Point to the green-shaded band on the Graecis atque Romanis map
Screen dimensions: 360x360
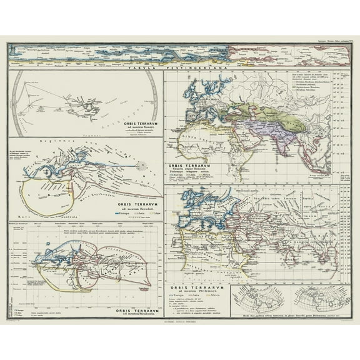click(x=275, y=109)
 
